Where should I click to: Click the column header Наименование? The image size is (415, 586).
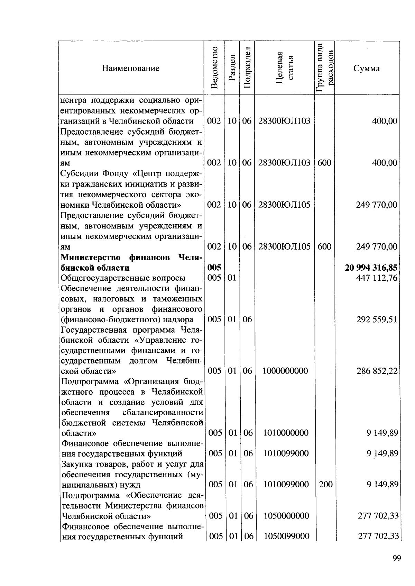coord(131,68)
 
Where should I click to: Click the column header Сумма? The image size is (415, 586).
coord(367,68)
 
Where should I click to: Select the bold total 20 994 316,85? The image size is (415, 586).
coord(371,268)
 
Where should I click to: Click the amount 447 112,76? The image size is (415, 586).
coord(377,278)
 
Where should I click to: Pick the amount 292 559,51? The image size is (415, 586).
coord(377,319)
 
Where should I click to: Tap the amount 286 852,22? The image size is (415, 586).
coord(377,371)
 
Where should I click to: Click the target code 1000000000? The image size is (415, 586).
coord(285,371)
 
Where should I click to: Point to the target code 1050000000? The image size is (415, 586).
coord(286,516)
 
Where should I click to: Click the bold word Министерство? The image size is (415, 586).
coord(91,258)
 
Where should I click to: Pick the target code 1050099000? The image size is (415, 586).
coord(286,537)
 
